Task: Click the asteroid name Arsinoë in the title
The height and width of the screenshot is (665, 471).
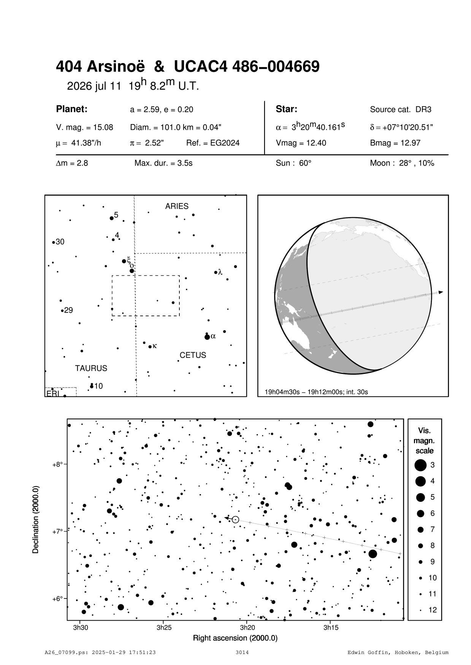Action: pyautogui.click(x=116, y=67)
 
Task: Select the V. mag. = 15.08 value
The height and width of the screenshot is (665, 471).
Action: pyautogui.click(x=84, y=128)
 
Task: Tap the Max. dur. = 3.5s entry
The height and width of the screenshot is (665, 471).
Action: pyautogui.click(x=163, y=164)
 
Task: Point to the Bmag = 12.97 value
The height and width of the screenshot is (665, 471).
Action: pyautogui.click(x=395, y=143)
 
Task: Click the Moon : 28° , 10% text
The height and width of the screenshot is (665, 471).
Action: pyautogui.click(x=402, y=164)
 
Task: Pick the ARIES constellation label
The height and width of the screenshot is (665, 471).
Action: pyautogui.click(x=176, y=206)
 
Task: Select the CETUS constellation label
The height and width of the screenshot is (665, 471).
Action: pyautogui.click(x=193, y=355)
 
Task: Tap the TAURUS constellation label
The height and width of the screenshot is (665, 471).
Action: pyautogui.click(x=91, y=368)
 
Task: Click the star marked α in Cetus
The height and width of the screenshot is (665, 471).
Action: pyautogui.click(x=207, y=337)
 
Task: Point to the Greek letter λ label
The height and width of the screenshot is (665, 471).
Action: pyautogui.click(x=220, y=272)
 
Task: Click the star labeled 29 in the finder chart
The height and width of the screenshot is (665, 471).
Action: pyautogui.click(x=62, y=310)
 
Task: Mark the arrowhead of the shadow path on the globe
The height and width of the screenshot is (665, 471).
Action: pyautogui.click(x=441, y=292)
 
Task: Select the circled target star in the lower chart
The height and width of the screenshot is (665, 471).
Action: pyautogui.click(x=235, y=519)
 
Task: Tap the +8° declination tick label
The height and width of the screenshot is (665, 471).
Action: pyautogui.click(x=57, y=465)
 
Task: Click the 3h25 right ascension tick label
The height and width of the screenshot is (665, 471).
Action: pyautogui.click(x=164, y=627)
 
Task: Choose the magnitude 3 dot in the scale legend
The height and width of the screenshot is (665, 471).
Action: pyautogui.click(x=420, y=465)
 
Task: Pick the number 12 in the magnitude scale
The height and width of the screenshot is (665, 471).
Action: pyautogui.click(x=433, y=610)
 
